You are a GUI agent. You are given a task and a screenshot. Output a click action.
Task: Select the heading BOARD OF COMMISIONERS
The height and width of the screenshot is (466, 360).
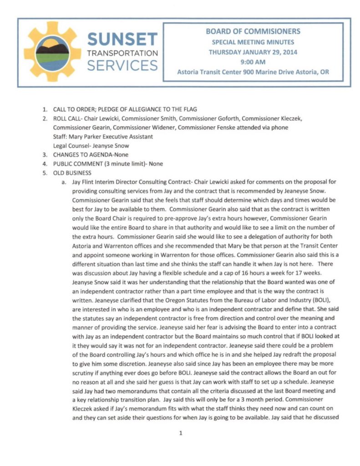click(x=253, y=32)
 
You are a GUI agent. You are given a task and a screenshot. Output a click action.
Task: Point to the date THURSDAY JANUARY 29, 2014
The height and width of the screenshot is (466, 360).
click(x=253, y=52)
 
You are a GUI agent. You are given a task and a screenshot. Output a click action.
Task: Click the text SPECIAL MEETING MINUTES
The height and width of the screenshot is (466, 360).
click(x=253, y=42)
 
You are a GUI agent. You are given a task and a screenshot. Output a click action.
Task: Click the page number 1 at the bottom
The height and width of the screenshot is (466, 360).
click(x=181, y=433)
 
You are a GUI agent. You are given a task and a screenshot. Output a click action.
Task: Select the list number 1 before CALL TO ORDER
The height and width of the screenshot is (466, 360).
click(x=45, y=110)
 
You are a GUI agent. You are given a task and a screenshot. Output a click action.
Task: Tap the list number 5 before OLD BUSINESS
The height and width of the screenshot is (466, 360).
click(x=45, y=173)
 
